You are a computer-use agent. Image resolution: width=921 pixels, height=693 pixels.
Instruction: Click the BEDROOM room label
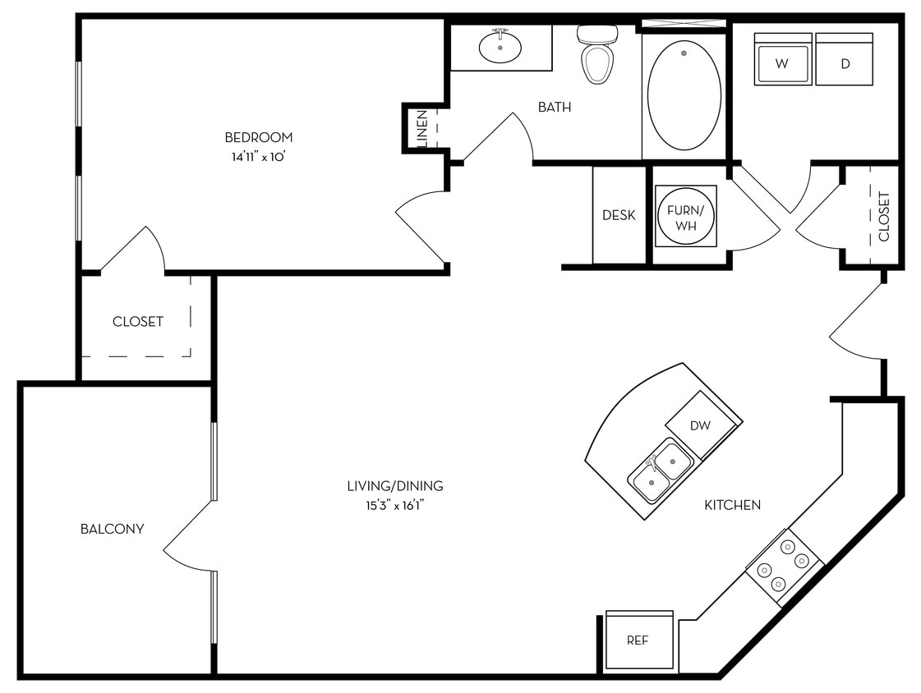(259, 137)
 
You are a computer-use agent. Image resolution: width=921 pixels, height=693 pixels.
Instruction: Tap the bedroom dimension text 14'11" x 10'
(259, 157)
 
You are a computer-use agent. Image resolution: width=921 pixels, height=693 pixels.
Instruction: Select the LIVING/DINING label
(394, 486)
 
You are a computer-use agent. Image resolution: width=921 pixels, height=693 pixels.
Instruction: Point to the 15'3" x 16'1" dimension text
(394, 506)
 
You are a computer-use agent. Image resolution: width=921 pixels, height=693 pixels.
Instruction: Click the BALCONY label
(112, 529)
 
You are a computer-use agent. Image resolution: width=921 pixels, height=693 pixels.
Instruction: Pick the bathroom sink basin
(500, 48)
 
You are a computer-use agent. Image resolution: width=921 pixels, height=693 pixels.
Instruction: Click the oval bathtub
(684, 95)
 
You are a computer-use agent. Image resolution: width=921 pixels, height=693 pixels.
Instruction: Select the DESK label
(619, 215)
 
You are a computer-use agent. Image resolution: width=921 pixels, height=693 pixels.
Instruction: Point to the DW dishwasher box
(700, 425)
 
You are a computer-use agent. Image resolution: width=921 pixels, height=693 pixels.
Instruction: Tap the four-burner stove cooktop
(784, 566)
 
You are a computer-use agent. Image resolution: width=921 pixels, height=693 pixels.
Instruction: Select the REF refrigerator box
(638, 640)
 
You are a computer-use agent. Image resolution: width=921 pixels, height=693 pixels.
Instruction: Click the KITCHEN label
(732, 505)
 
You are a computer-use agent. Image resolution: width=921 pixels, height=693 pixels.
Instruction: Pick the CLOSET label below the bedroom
(138, 322)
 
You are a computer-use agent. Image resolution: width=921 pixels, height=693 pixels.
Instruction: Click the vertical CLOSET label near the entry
(884, 216)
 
